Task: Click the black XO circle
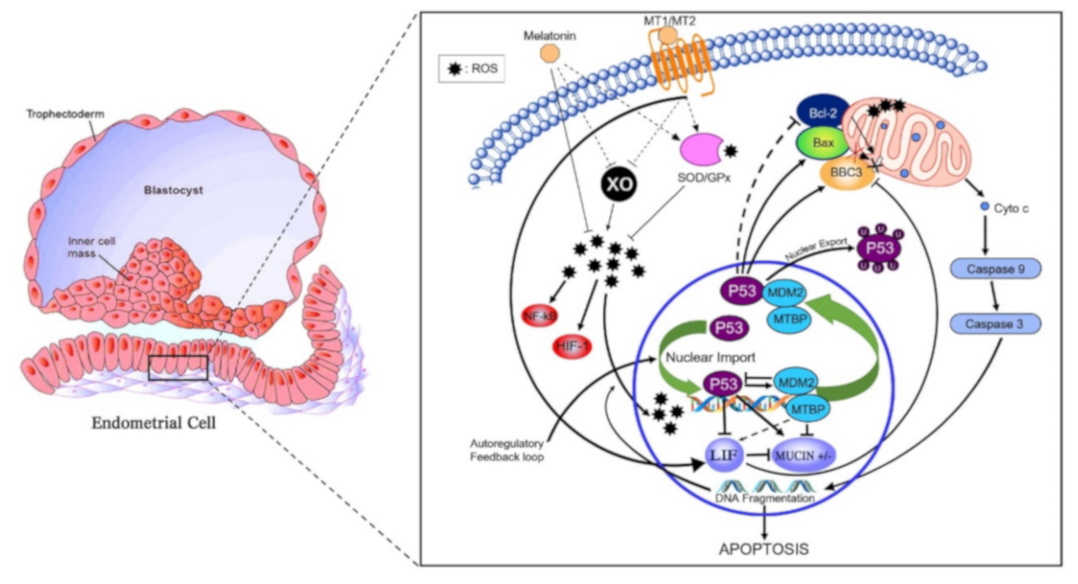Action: tap(619, 184)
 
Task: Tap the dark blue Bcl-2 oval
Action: tap(823, 113)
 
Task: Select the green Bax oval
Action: tap(823, 143)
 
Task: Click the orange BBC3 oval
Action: tap(846, 172)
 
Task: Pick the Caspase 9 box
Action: tap(995, 269)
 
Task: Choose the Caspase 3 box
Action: tap(994, 324)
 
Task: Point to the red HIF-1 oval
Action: tap(572, 346)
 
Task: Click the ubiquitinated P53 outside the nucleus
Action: tap(879, 248)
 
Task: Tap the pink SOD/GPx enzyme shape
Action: tap(700, 149)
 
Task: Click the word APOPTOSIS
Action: tap(764, 549)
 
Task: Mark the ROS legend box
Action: tap(472, 68)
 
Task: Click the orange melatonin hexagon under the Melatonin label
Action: tap(549, 53)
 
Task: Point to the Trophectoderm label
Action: tap(65, 114)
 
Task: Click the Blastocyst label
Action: tap(173, 190)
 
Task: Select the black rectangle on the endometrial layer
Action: tap(178, 367)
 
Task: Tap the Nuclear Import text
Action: tap(710, 357)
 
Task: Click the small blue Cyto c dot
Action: tap(985, 206)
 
